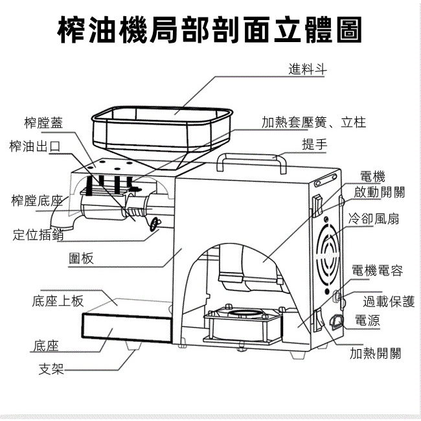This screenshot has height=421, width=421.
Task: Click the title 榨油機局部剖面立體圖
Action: tap(210, 30)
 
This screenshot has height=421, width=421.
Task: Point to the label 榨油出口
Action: tap(35, 146)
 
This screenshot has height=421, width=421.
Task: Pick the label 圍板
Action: tap(82, 259)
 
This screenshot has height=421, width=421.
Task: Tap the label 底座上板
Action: tap(58, 301)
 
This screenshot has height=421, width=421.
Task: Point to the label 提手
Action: tap(315, 144)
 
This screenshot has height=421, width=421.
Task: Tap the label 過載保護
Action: tap(389, 301)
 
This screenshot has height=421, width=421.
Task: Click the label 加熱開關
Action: tap(375, 353)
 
